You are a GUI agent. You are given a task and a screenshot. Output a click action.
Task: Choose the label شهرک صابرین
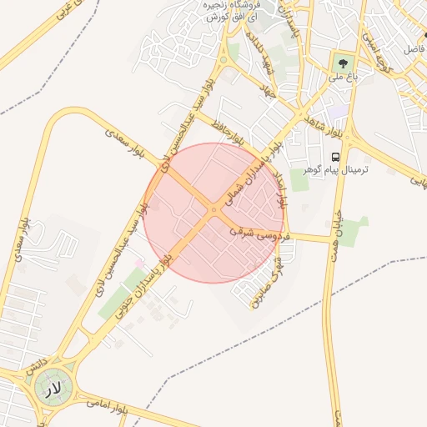265,279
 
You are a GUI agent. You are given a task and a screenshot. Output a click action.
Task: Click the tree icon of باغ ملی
341,61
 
